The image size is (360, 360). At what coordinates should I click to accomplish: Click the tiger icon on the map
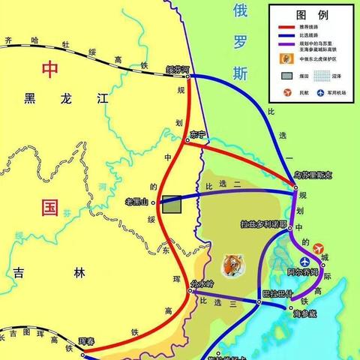click(229, 264)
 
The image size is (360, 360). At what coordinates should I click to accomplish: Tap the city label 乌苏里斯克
click(311, 175)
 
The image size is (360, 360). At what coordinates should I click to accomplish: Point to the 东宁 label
click(198, 134)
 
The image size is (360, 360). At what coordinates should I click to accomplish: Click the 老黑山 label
click(138, 201)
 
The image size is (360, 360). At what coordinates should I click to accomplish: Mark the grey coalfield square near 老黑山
click(172, 205)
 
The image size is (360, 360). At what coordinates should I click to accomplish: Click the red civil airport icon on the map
click(318, 248)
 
